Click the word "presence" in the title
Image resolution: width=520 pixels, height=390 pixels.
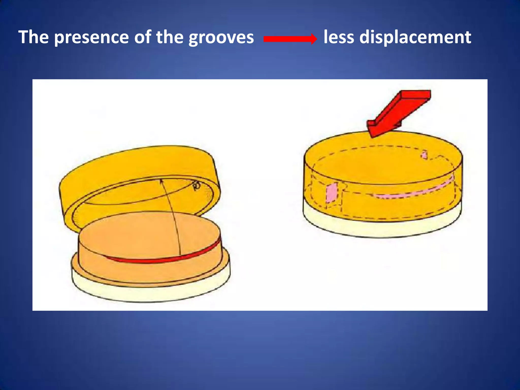92,38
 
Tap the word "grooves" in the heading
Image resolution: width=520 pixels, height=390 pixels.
221,38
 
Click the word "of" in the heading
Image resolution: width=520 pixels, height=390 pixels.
142,37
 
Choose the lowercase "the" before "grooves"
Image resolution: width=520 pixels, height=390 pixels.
169,37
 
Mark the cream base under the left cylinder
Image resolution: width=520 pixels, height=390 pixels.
150,292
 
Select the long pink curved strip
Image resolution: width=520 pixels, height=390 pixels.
411,192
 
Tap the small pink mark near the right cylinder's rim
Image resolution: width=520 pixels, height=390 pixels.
424,154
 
